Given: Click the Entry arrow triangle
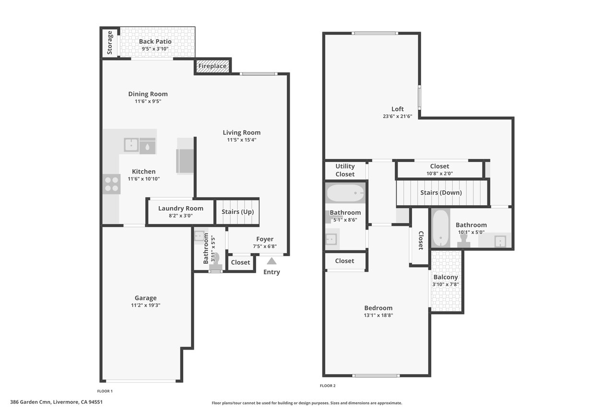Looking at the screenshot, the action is coord(272,261).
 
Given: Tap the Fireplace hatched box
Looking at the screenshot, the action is coord(213,66).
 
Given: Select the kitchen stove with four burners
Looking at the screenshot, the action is coord(112,184).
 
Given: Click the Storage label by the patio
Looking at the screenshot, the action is coord(110,43).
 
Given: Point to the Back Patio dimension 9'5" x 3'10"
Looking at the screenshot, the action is coord(155,49).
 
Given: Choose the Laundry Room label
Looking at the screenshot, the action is coord(181,208).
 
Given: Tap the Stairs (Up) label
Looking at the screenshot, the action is coord(237,212).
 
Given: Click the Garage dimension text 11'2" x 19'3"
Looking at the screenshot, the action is coord(145,305).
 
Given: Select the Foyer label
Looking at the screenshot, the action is coord(265,239).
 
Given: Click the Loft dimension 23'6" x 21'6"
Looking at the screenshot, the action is coord(398,116).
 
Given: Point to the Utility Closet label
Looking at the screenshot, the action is coord(345,170).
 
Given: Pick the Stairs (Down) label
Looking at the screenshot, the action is coord(441,193).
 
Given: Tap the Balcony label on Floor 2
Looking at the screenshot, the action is coord(446,277).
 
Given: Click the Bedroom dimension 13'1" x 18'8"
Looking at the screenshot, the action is coord(378,316).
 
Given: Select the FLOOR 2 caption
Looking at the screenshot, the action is coord(328,386).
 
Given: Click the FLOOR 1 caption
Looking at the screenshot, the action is coord(105,391).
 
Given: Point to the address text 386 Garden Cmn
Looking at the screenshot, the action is coord(30,402).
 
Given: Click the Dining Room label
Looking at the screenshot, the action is coord(148,94).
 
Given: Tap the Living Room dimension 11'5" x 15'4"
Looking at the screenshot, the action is coord(241,140).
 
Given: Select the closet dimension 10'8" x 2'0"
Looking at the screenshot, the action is coord(440,174).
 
